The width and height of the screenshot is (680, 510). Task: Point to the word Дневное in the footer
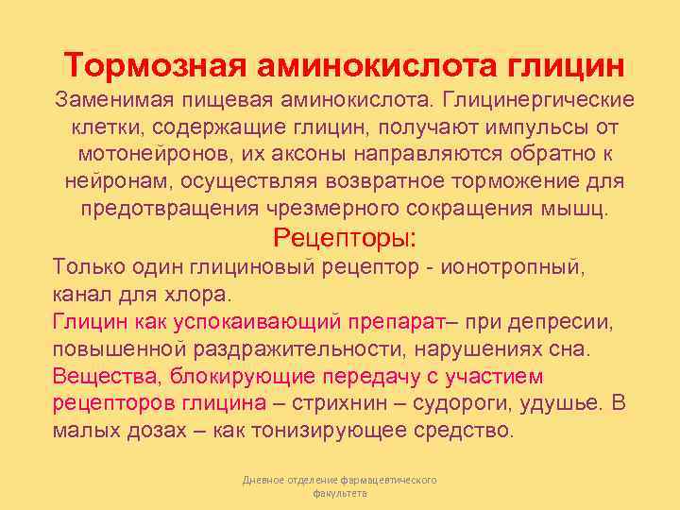tap(261, 481)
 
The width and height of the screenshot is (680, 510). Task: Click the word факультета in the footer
tap(339, 494)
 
